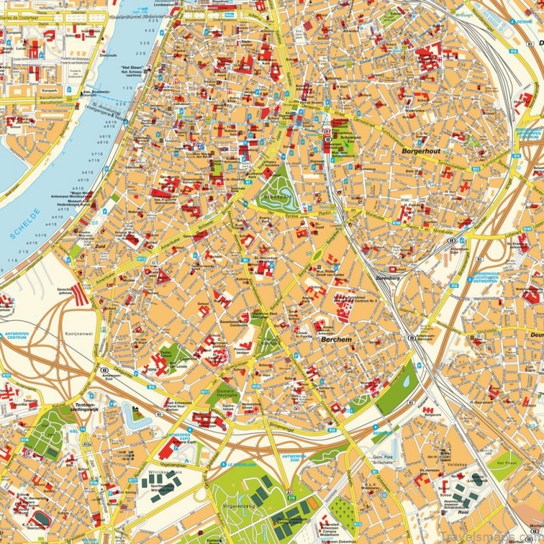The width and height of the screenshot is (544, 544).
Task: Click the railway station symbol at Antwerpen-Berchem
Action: (x=411, y=338)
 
